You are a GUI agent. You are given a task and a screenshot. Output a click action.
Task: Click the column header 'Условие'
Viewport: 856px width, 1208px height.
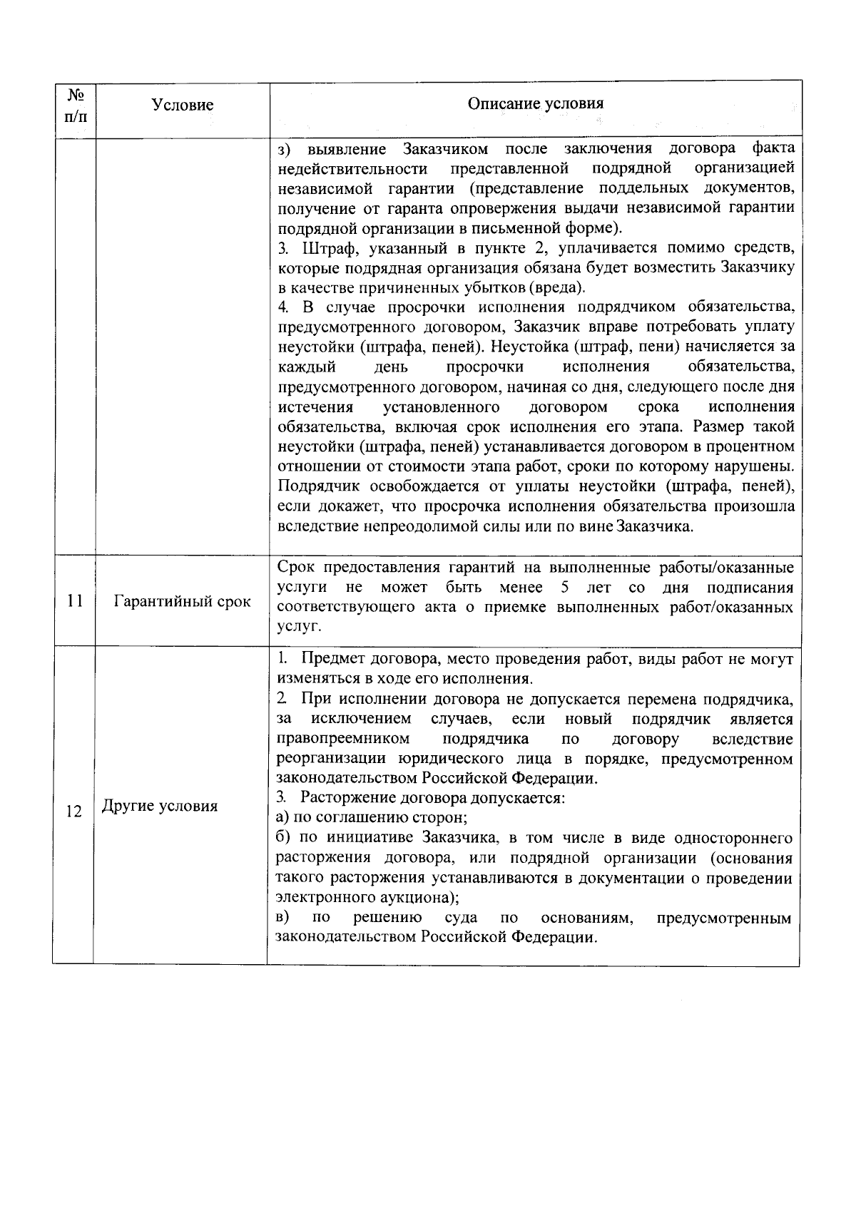pyautogui.click(x=183, y=105)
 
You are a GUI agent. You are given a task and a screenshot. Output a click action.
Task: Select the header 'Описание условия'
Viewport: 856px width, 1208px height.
pyautogui.click(x=535, y=103)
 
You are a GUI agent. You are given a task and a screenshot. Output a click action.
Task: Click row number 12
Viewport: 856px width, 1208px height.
pyautogui.click(x=73, y=811)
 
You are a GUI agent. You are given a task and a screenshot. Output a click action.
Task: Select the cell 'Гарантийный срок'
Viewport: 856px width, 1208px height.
pyautogui.click(x=183, y=601)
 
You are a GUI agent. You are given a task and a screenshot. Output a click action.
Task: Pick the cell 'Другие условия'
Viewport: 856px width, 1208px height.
pyautogui.click(x=160, y=807)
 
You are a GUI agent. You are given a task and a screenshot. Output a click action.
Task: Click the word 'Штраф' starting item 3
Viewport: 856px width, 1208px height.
pyautogui.click(x=327, y=248)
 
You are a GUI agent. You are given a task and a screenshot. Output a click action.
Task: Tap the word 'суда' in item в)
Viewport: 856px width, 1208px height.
pyautogui.click(x=461, y=917)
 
